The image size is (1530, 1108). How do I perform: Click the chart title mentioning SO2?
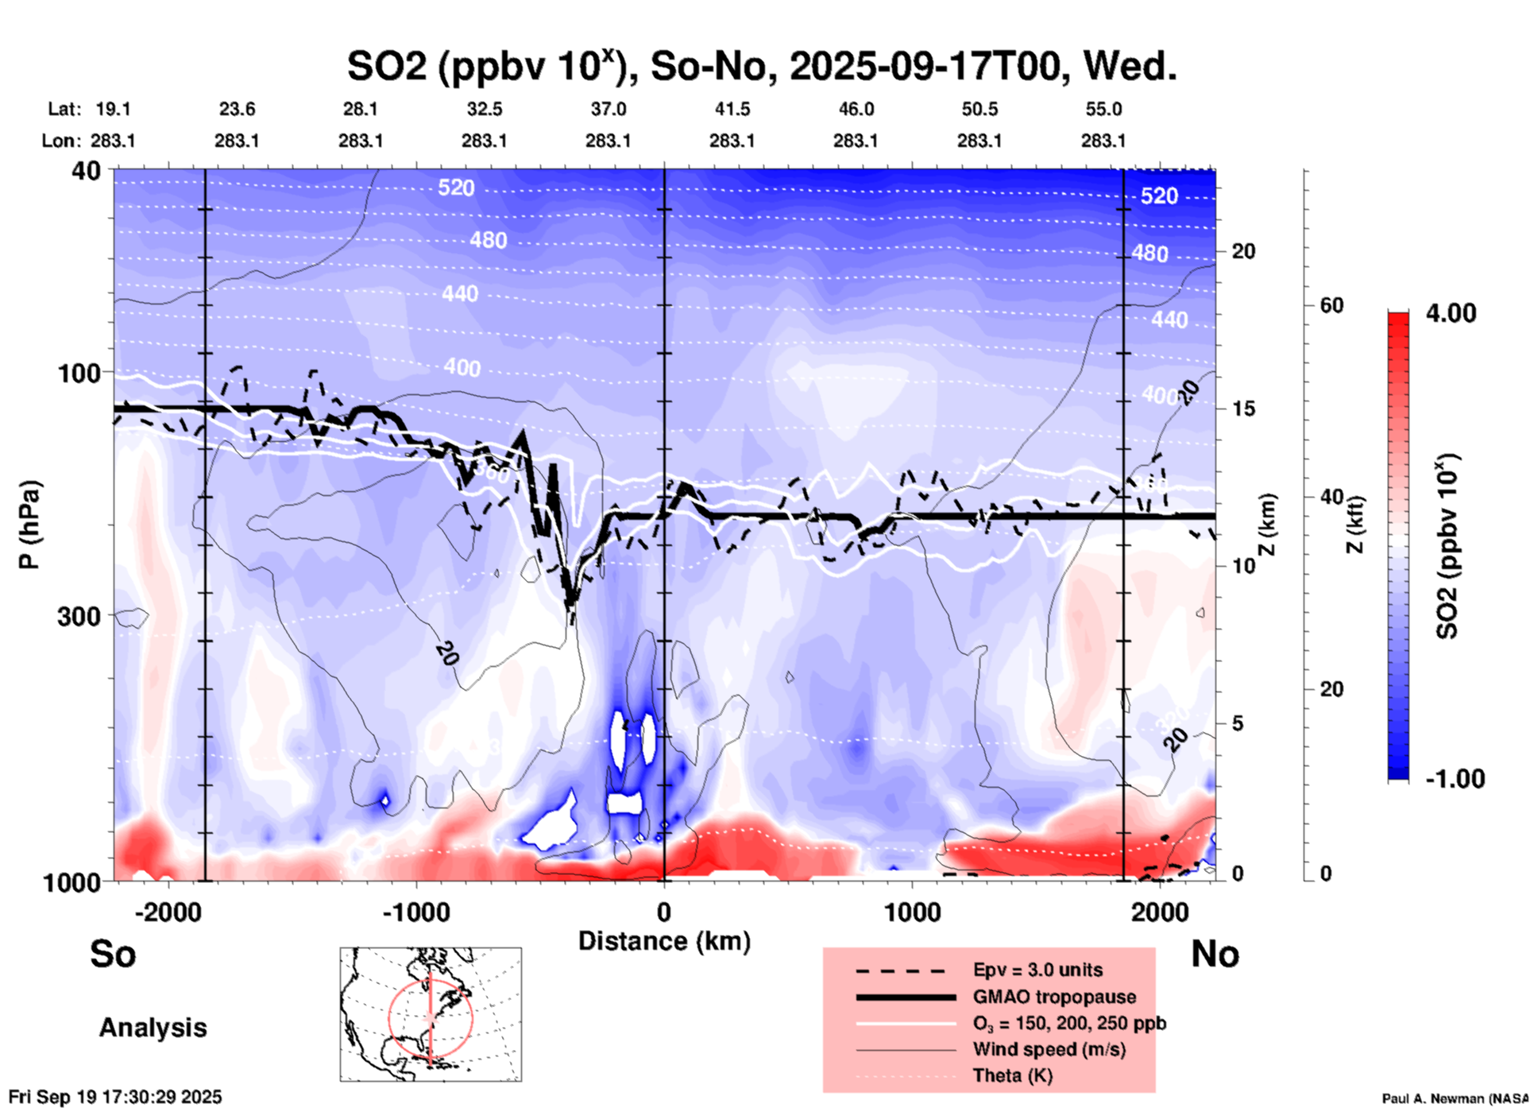coord(761,67)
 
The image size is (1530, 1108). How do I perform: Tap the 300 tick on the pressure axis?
coord(79,616)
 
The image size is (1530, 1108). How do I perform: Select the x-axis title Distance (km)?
coord(664,941)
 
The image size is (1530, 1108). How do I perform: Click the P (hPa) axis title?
coord(29,524)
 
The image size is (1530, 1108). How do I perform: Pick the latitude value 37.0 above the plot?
coord(608,109)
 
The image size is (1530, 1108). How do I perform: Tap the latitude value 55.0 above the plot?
coord(1103,109)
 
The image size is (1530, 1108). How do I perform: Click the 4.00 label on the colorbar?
coord(1451,313)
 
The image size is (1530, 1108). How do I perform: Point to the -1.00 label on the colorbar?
coord(1455,779)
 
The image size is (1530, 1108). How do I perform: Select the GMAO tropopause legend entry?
coord(1054,997)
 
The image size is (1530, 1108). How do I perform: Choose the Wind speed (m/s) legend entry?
coord(1049,1049)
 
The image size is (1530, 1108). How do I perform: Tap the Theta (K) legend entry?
coord(1012,1075)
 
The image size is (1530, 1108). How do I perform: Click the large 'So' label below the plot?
coord(113,954)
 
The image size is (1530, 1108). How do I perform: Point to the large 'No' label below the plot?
coord(1215,954)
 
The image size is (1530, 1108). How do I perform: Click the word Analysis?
coord(153,1028)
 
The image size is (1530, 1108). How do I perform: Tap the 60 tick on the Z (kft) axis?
coord(1331,305)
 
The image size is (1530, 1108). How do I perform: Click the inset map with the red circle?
coord(431,1014)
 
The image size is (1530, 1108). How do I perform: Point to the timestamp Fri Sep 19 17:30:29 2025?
coord(115,1097)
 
